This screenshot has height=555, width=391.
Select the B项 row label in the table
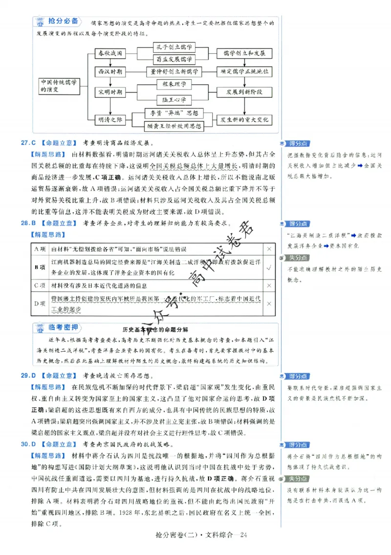40,267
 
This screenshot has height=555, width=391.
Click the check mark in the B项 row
269,267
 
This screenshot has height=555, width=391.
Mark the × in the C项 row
269,285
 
